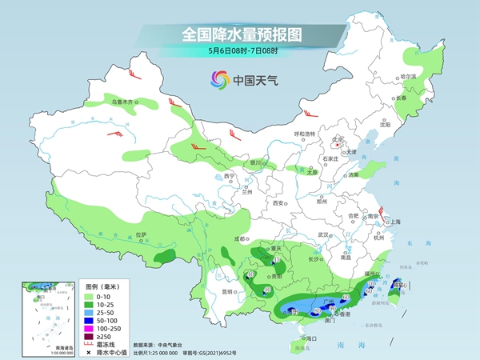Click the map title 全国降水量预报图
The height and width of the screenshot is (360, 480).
coord(239,34)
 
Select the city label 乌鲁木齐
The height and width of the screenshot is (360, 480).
coord(124,102)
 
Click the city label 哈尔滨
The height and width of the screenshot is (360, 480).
coord(409,78)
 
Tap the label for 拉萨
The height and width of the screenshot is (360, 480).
coord(141,234)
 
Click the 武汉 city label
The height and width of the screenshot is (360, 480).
coord(324,234)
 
